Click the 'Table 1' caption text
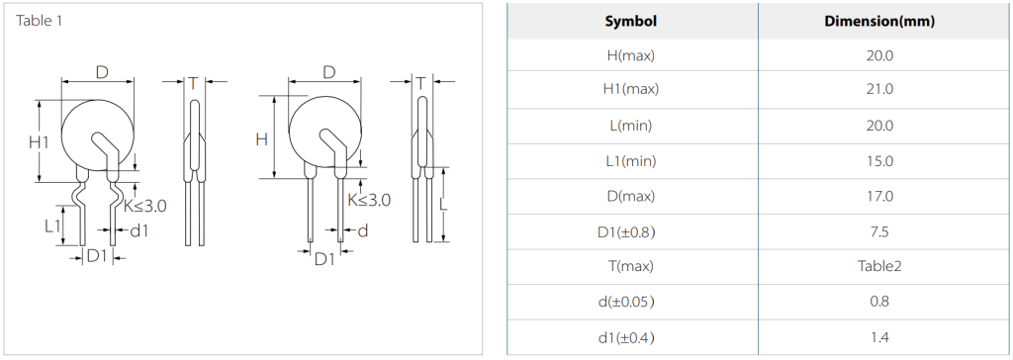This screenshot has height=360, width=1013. pos(40,21)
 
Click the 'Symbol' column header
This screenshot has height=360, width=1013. pos(630,22)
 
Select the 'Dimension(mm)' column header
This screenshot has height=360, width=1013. pos(879,22)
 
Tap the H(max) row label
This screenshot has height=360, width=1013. pos(630,56)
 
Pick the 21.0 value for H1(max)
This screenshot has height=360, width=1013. pos(879,90)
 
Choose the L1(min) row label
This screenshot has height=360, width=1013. pos(630,161)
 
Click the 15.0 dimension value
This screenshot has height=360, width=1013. pos(879,161)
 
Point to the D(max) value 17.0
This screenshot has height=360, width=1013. pos(879,196)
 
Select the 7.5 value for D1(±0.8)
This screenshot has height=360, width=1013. pos(879,231)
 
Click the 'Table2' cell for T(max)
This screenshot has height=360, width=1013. pos(879,266)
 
